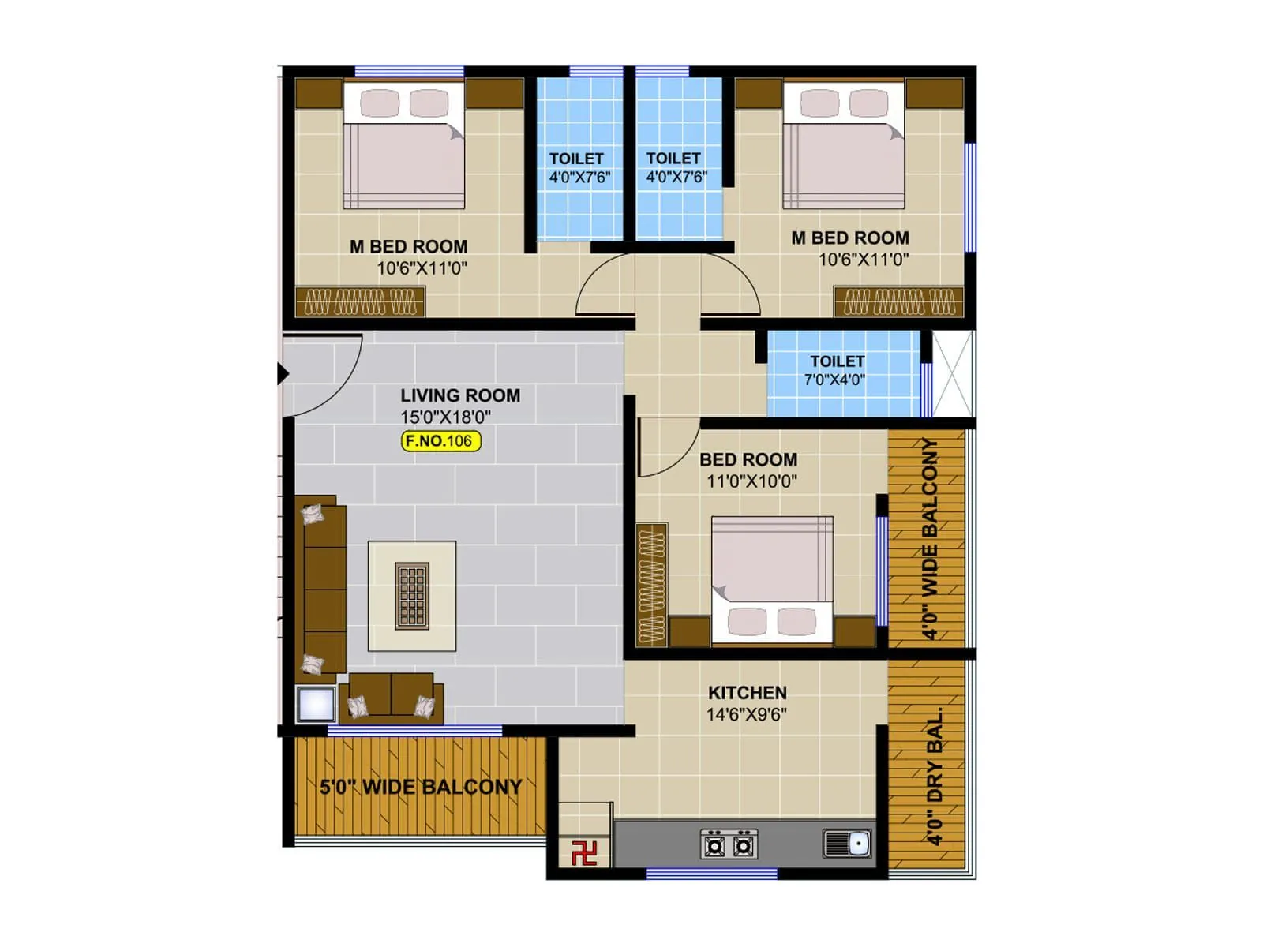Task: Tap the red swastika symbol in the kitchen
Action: coord(583,852)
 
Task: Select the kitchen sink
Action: coord(847,844)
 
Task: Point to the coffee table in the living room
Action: coord(412,596)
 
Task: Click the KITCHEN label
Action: coord(747,693)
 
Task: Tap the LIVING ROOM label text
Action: coord(460,395)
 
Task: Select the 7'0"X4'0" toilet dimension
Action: coord(834,380)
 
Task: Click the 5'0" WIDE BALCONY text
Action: coord(421,787)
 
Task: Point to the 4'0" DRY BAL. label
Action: coord(935,777)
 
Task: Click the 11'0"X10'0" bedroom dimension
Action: coord(751,481)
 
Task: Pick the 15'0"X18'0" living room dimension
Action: coord(445,417)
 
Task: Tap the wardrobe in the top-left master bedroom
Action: coord(360,301)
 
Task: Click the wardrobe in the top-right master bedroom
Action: coord(899,301)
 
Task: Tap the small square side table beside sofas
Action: coord(315,704)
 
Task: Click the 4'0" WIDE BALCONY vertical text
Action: coord(931,539)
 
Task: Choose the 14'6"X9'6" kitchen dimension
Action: coord(746,714)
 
